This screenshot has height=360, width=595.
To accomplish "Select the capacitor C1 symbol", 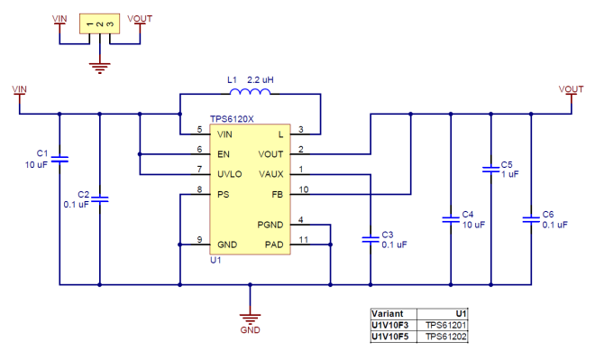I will [59, 160].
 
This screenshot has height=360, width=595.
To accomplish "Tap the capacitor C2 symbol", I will [100, 198].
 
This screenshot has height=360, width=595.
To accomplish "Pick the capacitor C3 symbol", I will [370, 239].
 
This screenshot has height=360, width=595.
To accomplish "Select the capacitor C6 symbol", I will [531, 218].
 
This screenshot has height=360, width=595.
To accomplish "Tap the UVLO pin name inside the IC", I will [230, 173].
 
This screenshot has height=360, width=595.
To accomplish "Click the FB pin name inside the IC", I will [278, 193].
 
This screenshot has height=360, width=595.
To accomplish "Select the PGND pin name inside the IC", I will [270, 223].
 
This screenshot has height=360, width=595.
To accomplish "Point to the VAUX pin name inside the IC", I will [271, 173].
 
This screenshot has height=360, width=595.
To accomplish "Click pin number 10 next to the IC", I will [304, 189].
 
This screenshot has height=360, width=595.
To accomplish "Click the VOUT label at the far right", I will [571, 88].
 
